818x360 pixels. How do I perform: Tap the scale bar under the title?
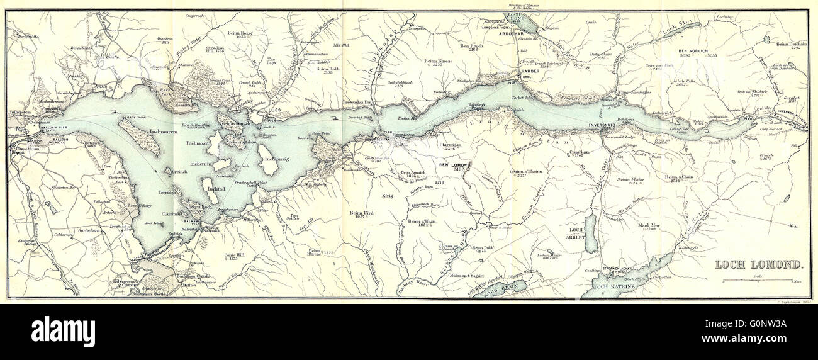tap(754, 281)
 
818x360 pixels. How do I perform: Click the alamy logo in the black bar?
tap(63, 331)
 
